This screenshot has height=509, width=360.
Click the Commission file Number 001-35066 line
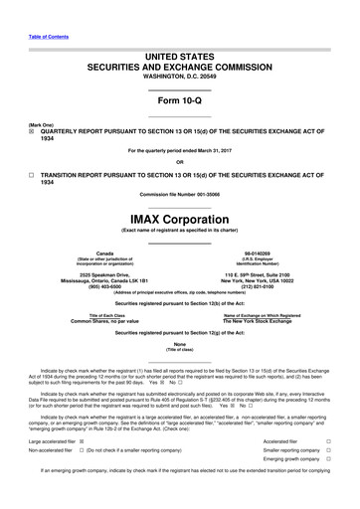(179, 192)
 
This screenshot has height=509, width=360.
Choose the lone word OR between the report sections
(179, 161)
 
